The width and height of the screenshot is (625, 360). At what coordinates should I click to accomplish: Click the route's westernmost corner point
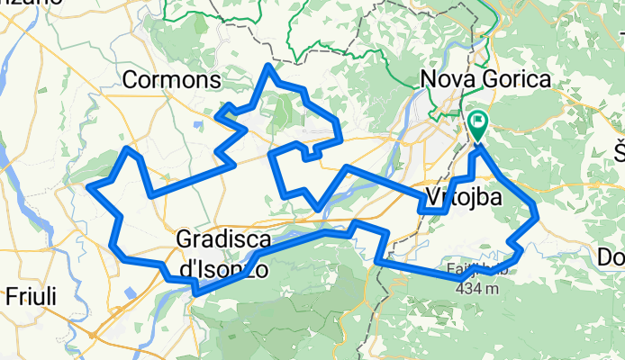click(x=88, y=187)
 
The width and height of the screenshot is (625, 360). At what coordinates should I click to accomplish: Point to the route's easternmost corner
click(x=537, y=214)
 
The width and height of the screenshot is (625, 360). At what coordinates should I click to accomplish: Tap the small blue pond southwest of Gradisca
click(x=132, y=293)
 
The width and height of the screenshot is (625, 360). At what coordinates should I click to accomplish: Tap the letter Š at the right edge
click(x=620, y=149)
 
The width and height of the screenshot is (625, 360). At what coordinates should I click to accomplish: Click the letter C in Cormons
click(x=130, y=80)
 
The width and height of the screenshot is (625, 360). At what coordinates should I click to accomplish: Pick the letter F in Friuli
click(x=11, y=296)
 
